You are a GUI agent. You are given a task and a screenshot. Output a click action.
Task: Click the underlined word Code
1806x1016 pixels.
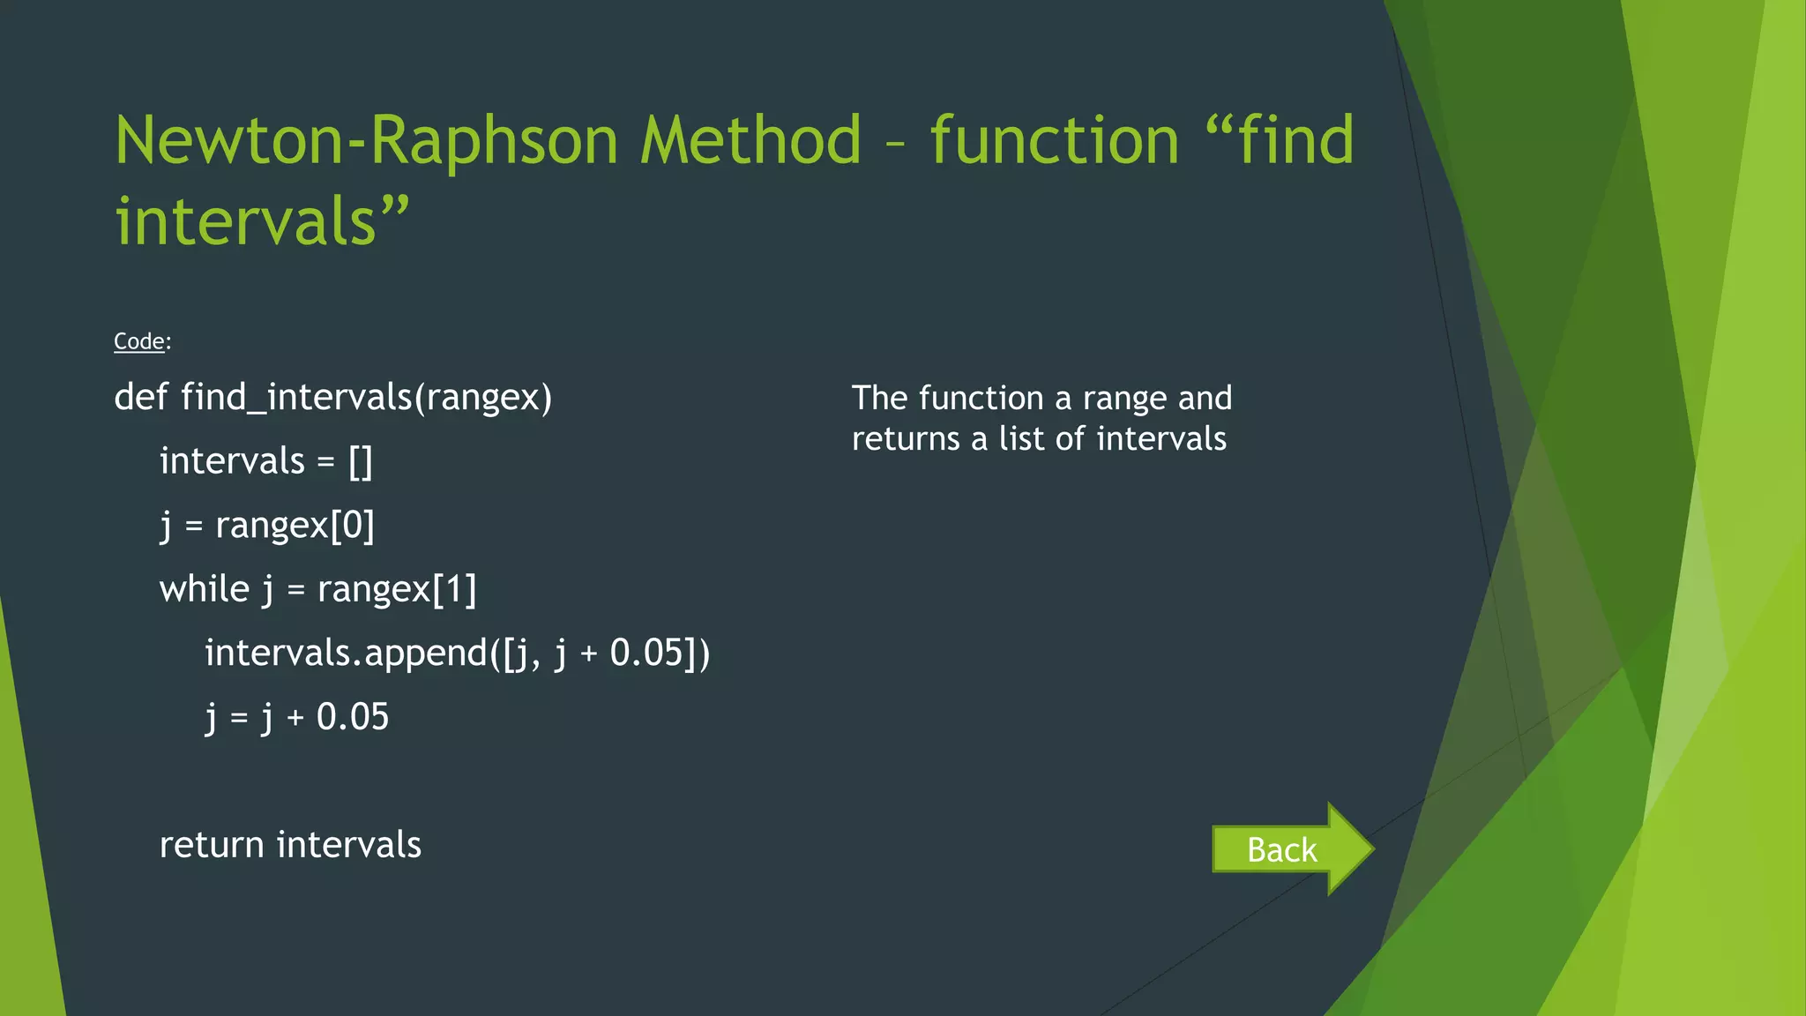[139, 341]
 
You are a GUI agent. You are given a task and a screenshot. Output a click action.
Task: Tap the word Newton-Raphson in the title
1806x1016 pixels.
[366, 141]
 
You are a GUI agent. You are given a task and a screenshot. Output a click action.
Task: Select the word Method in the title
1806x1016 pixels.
[750, 141]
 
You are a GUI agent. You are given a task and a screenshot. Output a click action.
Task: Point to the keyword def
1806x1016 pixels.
[140, 397]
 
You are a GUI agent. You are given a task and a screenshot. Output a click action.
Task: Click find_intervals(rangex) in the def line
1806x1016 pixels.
[366, 397]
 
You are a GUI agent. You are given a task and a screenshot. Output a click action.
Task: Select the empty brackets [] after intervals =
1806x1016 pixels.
[361, 461]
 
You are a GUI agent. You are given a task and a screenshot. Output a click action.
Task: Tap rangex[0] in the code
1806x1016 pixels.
[295, 526]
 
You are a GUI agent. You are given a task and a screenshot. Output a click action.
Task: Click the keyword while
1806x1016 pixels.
[204, 589]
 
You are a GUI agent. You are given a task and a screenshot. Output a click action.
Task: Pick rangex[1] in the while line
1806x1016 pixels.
[397, 589]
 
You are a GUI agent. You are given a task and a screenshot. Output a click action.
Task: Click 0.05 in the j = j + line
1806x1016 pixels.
[353, 717]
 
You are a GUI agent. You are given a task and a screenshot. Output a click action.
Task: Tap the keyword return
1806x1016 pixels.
[212, 845]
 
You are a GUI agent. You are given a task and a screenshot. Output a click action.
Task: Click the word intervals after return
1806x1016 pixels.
[349, 845]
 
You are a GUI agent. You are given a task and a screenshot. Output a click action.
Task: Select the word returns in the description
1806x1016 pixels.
[906, 438]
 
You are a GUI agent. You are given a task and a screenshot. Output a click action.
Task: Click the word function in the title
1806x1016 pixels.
[1055, 141]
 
